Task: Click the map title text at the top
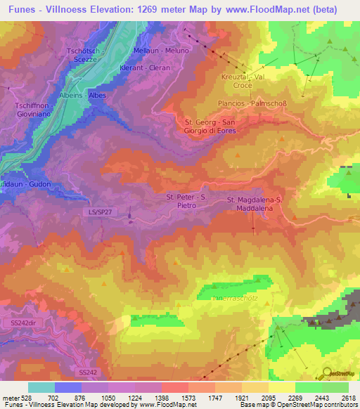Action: point(172,10)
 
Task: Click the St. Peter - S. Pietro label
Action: point(187,202)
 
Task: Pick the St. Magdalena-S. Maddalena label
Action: point(255,204)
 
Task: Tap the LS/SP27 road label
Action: point(101,211)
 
